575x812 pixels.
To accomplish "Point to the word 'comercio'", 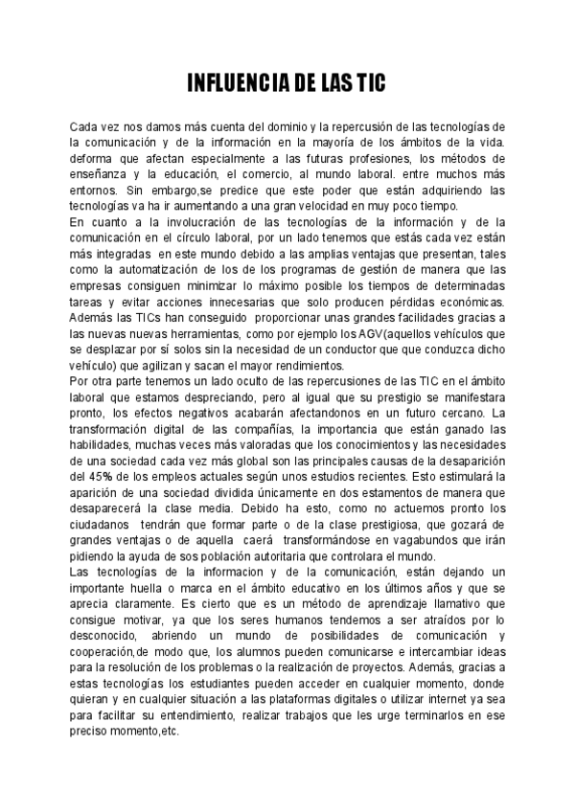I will pos(301,174).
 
